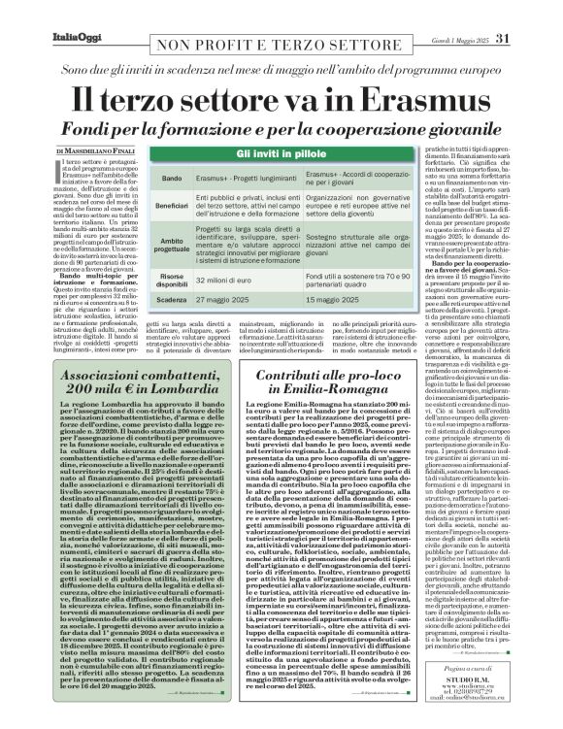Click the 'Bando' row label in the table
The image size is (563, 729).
point(169,181)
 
